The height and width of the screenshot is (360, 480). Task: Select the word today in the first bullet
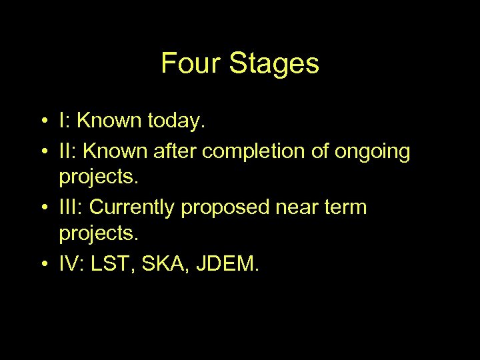(175, 121)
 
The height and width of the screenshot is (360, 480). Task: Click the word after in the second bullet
(175, 152)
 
